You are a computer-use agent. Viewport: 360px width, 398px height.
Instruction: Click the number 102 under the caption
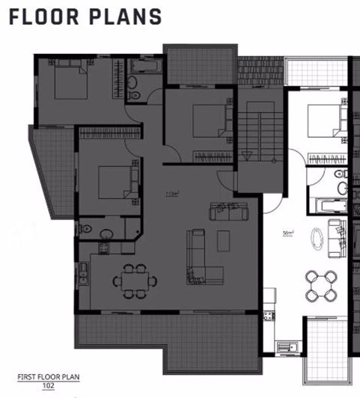click(49, 385)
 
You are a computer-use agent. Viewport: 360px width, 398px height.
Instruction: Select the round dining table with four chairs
click(321, 285)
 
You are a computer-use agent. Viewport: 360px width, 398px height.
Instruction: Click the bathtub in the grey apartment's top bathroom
click(143, 67)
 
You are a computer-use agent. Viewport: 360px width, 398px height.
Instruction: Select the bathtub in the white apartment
click(327, 204)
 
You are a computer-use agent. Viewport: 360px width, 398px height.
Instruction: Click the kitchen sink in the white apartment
click(283, 346)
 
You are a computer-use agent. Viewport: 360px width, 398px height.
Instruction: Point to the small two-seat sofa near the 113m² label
click(223, 212)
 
